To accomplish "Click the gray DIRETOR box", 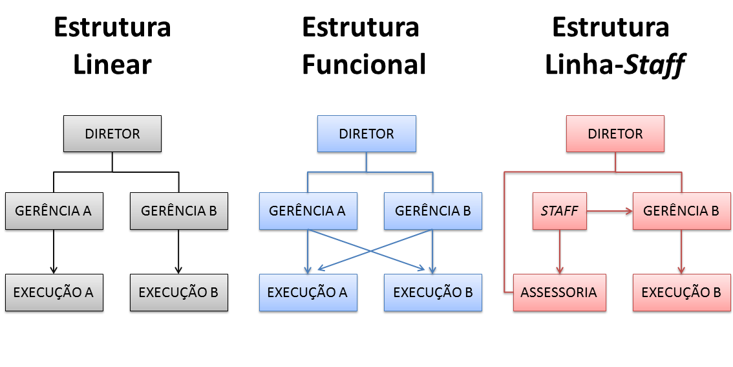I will [112, 134].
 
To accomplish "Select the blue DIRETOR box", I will [366, 134].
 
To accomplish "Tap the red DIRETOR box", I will [615, 134].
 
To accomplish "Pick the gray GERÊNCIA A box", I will [54, 211].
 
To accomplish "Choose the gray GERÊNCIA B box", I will [178, 211].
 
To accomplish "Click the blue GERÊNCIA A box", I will [308, 211].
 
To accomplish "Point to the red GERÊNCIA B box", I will [681, 211].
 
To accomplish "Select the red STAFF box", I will [559, 211].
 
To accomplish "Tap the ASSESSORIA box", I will [560, 293].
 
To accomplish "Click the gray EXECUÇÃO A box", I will [54, 293].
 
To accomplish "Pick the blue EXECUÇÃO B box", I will [432, 293].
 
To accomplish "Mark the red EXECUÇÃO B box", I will [681, 293].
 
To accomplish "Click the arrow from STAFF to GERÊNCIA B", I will [610, 211].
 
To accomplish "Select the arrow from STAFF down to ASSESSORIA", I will [560, 252].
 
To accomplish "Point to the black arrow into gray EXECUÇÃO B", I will [178, 252].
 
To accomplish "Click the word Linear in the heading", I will [112, 65].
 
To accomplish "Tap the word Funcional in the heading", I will [364, 65].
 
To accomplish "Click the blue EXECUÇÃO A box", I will [308, 293].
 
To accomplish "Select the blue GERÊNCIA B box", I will [432, 211].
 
